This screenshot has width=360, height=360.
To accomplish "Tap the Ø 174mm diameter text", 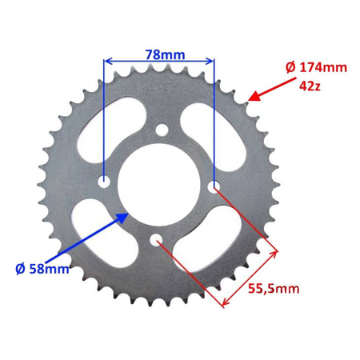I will click(316, 68).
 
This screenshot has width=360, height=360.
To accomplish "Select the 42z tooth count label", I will click(310, 84).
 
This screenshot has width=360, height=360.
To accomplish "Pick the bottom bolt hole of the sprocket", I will click(158, 238).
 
